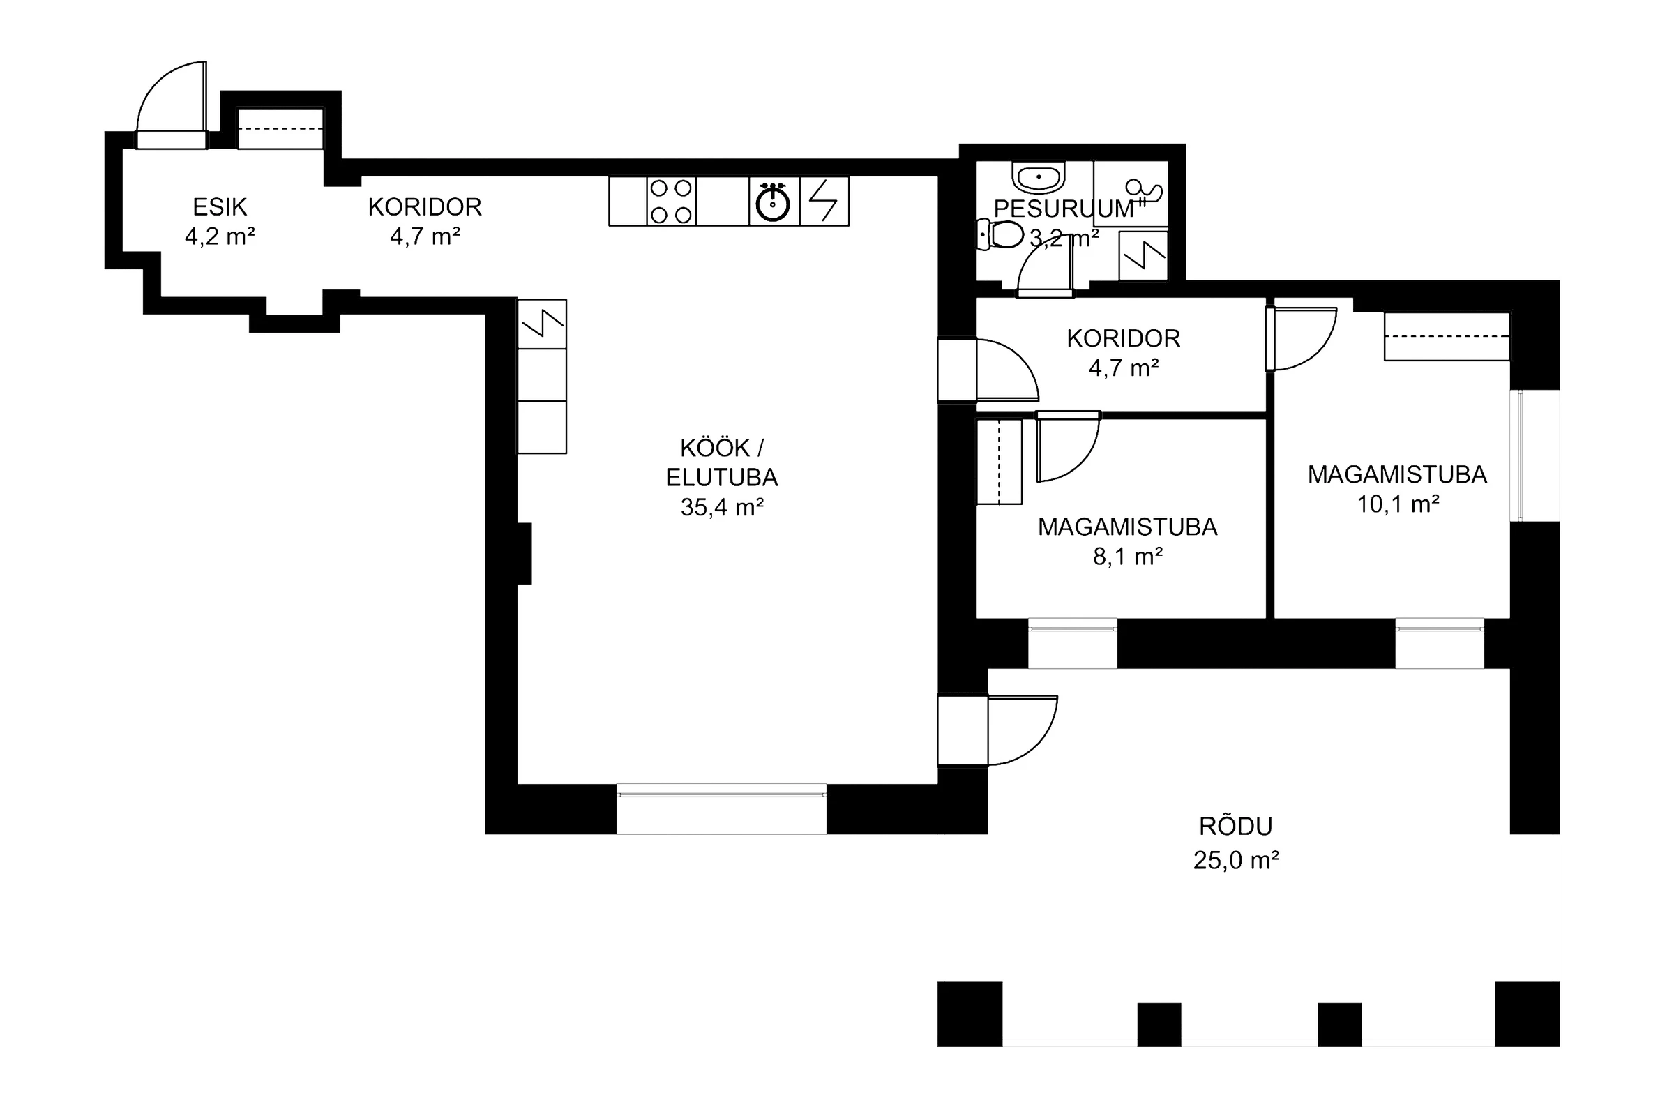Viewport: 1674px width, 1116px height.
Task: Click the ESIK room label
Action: [x=220, y=207]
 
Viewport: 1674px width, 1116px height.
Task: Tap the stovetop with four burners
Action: [x=671, y=201]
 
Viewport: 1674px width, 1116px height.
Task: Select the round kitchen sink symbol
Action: [x=773, y=202]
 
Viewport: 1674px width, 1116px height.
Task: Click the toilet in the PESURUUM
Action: [x=1000, y=234]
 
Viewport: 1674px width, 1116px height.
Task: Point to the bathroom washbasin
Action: [x=1039, y=177]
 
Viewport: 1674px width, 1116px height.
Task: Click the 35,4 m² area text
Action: [x=722, y=507]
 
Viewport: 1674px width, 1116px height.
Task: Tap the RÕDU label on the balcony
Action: [x=1235, y=826]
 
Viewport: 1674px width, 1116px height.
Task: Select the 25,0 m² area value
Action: [x=1235, y=860]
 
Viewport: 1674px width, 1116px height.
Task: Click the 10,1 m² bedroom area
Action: [x=1398, y=504]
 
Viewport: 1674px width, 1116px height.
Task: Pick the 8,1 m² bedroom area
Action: [x=1127, y=556]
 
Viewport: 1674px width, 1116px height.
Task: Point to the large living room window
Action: [x=721, y=808]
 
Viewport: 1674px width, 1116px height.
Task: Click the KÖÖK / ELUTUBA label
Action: [x=722, y=462]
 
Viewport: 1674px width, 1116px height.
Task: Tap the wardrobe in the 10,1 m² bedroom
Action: [x=1447, y=337]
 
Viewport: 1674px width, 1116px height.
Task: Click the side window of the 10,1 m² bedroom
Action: [x=1534, y=455]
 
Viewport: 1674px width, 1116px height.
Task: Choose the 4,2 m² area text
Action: [x=220, y=236]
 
